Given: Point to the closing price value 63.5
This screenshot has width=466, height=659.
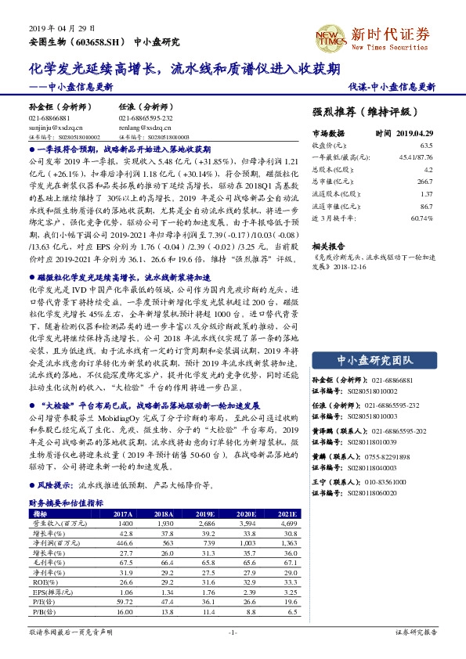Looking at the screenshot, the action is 426,146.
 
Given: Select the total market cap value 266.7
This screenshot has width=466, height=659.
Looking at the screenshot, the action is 426,181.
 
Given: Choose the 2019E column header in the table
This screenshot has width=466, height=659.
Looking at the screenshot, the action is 206,513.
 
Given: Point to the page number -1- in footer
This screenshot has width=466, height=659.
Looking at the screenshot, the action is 232,632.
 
